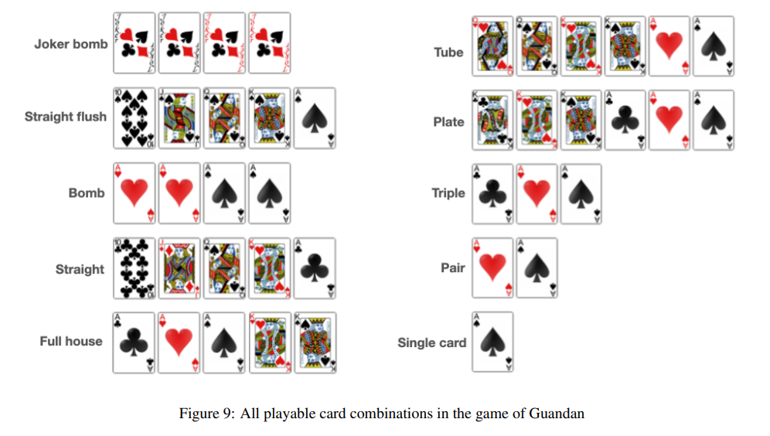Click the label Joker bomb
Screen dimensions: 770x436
71,44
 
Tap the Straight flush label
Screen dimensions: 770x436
66,117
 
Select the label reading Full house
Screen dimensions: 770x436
71,341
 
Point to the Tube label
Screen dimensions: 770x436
448,53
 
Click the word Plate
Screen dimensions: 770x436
448,122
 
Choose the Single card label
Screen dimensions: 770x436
432,342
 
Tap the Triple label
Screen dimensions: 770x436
448,192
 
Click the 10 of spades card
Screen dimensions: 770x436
134,118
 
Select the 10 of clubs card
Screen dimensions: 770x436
134,268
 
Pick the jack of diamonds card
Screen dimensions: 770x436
179,268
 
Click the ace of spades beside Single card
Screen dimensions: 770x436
492,342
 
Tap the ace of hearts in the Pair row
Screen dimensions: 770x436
492,268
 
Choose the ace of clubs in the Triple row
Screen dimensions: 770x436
492,193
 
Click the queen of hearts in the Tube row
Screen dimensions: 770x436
492,46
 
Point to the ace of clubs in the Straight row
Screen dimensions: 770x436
315,268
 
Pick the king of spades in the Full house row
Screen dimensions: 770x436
315,342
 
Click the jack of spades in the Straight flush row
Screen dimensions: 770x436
179,118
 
